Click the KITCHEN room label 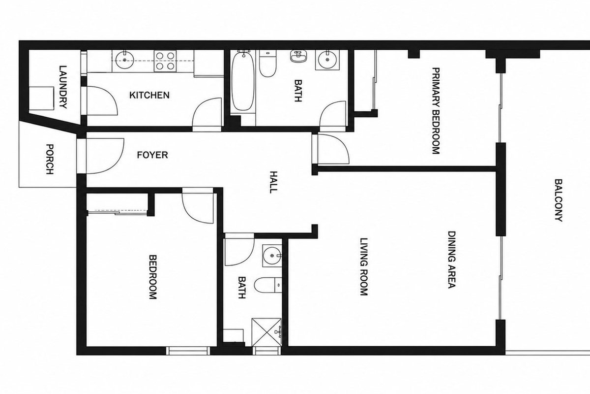[149, 95]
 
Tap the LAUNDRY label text [63, 87]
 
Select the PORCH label [50, 159]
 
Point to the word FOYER [152, 155]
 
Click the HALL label [274, 182]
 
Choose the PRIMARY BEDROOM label [436, 111]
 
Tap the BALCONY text [559, 200]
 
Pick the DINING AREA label [452, 260]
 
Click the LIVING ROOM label [364, 267]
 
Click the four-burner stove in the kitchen [165, 61]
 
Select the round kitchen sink [124, 60]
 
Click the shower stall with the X [266, 332]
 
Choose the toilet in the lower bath [268, 285]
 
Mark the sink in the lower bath [272, 256]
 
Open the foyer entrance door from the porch [105, 156]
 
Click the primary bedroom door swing [333, 149]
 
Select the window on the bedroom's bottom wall [188, 351]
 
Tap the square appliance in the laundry [41, 98]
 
